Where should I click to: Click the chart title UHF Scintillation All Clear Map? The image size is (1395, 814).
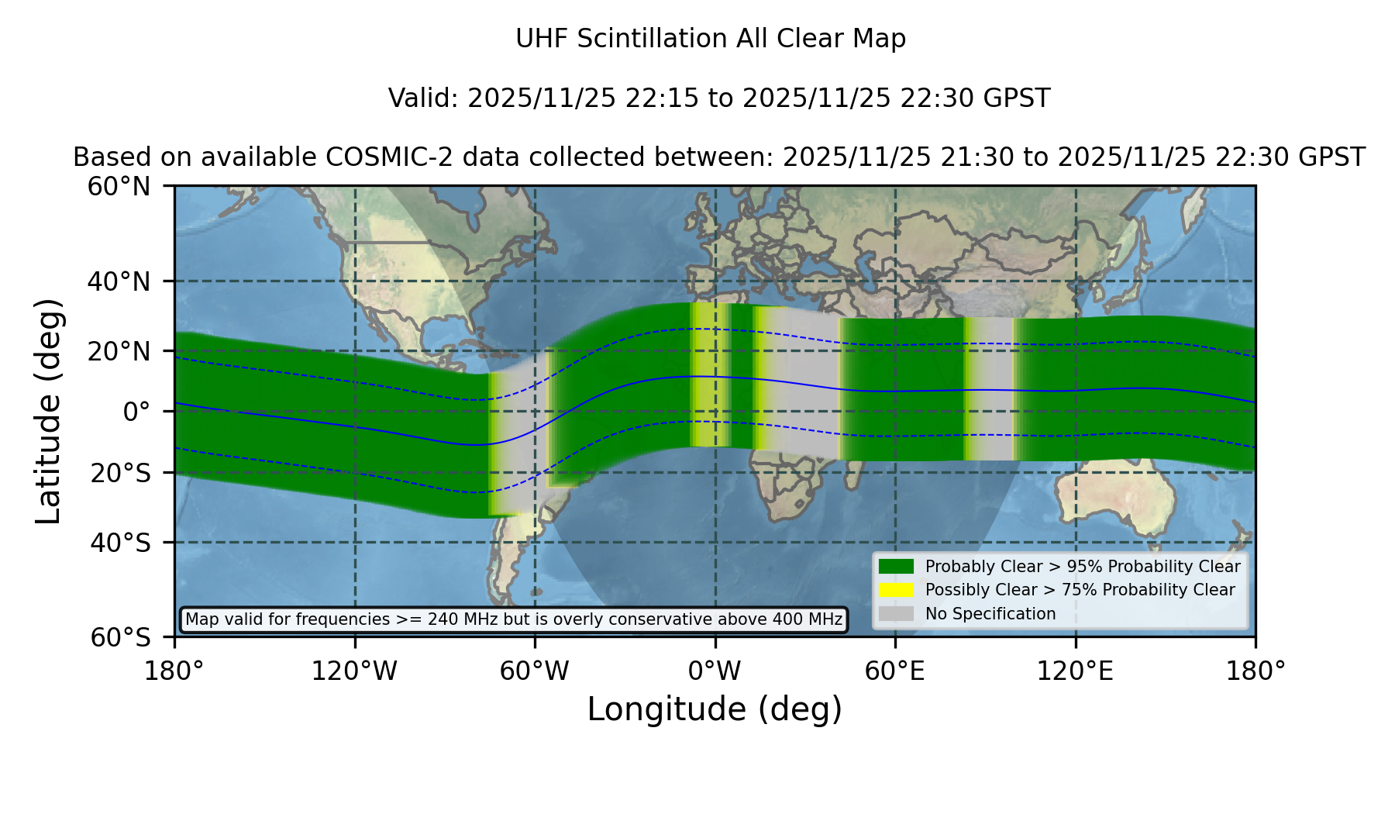[711, 39]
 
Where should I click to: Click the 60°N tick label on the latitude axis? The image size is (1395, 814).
[119, 187]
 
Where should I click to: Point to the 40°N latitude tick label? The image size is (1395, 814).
[119, 281]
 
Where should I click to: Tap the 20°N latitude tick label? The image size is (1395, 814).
[119, 351]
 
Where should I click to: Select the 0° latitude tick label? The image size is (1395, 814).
[137, 412]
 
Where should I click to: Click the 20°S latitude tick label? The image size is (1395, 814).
[121, 473]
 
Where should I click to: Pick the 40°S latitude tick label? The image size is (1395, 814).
[121, 543]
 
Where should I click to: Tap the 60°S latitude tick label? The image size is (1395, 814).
[121, 637]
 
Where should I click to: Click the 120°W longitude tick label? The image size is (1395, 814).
[354, 671]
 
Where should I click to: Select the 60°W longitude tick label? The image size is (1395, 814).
[535, 671]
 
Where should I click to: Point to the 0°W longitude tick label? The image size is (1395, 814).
[715, 671]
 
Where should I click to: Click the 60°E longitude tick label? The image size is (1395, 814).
[895, 671]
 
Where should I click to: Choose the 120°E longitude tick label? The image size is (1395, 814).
[1076, 671]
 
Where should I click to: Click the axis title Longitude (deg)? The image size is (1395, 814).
[715, 709]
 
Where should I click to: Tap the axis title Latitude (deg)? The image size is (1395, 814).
[48, 411]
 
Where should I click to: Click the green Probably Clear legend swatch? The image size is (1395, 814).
[897, 567]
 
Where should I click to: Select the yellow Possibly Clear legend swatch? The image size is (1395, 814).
[897, 590]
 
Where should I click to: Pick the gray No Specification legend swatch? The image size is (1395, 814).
[897, 614]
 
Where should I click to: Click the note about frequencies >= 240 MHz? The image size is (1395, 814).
[514, 619]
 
